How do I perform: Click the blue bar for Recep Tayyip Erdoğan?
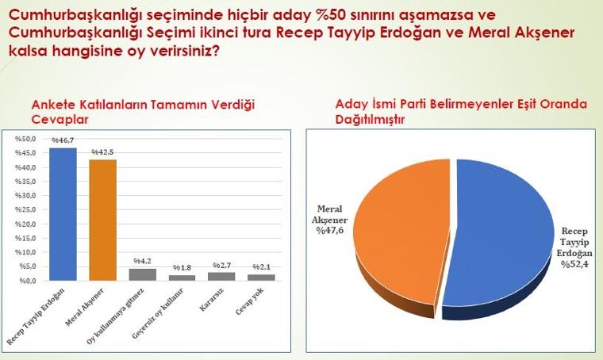pos(63,214)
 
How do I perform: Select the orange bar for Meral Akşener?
pos(102,220)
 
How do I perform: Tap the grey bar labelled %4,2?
pos(142,274)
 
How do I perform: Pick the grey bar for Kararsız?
pos(221,277)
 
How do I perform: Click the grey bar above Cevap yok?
pos(261,278)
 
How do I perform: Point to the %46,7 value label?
pos(63,140)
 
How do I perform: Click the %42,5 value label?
pos(102,152)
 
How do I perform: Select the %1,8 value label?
pos(182,267)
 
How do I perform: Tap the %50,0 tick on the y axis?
pos(25,139)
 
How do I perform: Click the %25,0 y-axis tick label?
pos(25,210)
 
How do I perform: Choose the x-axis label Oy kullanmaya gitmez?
pos(115,316)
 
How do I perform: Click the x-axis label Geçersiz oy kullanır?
pos(158,313)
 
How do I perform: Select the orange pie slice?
pos(402,231)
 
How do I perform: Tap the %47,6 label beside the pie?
pos(330,231)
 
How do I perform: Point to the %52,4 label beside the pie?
pos(574,264)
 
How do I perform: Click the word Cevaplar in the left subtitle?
pos(60,120)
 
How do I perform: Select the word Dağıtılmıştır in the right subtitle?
pos(370,120)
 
